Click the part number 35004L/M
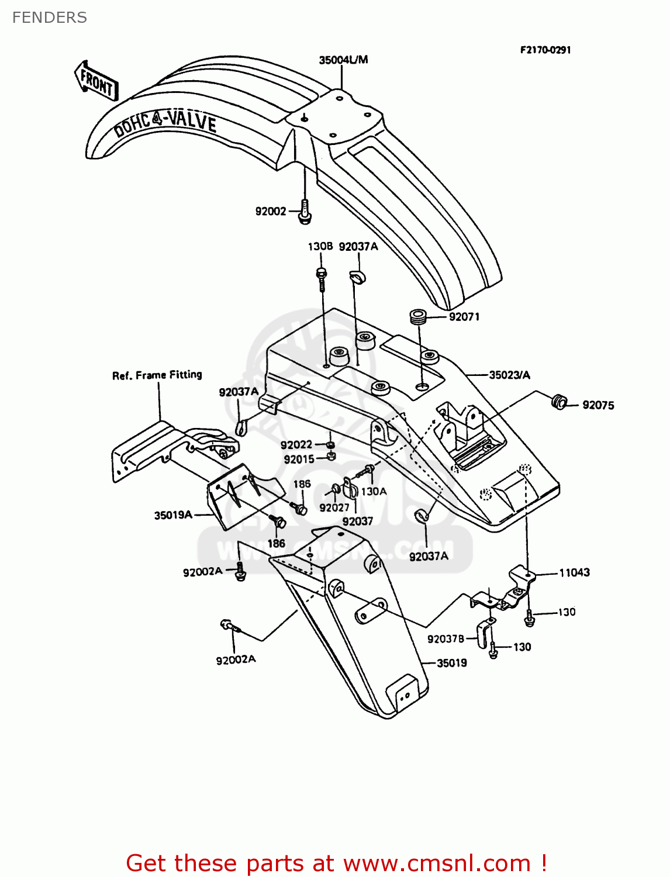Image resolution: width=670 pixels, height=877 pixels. pos(343,60)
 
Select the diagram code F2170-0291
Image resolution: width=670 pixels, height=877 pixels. pos(545,50)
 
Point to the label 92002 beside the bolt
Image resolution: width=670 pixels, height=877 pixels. pos(270,211)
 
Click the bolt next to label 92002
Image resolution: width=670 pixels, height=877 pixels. pos(305,212)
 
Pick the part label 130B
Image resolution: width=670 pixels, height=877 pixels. pos(320,246)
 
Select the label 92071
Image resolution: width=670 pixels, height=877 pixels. pos(464,317)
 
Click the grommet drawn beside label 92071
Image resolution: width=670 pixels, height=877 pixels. pos(418,317)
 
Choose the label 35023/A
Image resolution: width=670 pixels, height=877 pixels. pos(509,375)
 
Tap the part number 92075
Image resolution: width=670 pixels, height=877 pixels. pos(598,405)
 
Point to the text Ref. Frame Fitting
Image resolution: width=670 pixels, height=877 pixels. pos(157,375)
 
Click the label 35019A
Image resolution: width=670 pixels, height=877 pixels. pos(173,515)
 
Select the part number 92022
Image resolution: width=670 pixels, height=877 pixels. pos(296,445)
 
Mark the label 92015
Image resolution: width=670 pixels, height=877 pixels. pos(299,460)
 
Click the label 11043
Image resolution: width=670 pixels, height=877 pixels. pos(574,572)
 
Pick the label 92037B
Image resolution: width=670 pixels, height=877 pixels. pos(445,639)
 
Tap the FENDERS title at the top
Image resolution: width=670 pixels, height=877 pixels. pos(50,18)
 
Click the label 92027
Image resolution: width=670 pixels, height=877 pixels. pos(334,507)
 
